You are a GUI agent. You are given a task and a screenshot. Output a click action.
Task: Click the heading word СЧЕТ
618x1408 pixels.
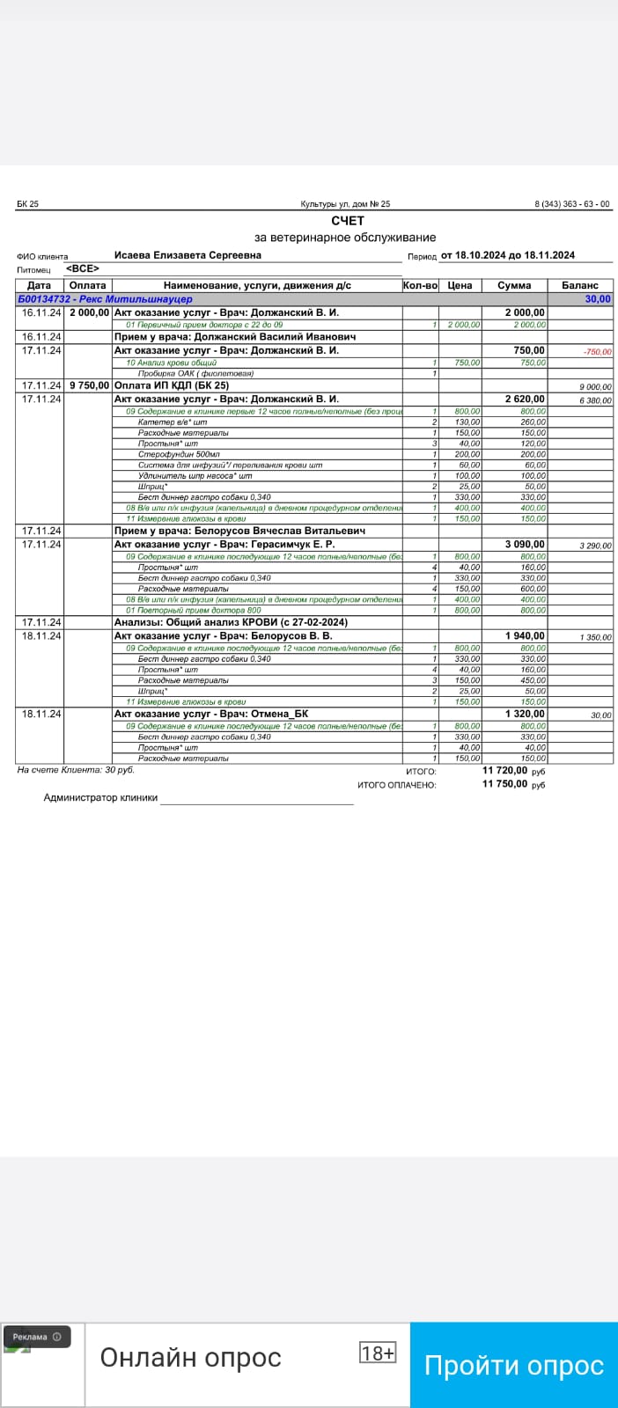click(x=348, y=221)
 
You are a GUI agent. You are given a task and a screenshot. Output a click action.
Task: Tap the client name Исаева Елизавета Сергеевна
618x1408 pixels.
click(x=188, y=255)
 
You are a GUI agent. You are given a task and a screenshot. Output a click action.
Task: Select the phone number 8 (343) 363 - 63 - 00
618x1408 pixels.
click(x=571, y=204)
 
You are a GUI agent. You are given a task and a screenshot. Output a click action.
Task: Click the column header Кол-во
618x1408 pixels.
click(x=420, y=285)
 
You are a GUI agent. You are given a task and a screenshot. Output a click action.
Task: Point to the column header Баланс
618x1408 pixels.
click(x=579, y=285)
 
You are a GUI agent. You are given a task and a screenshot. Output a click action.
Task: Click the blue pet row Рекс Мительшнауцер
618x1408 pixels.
click(x=105, y=299)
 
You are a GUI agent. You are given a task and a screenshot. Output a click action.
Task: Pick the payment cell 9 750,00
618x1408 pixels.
click(x=89, y=385)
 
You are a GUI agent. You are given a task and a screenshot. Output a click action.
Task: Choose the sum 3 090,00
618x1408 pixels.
click(x=524, y=545)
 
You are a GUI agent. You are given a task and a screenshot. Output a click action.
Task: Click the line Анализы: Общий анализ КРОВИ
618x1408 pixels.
click(x=231, y=622)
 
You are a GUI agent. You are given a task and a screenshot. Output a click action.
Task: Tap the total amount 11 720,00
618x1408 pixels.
click(x=504, y=771)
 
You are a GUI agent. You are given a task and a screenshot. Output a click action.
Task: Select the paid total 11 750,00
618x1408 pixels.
click(x=504, y=784)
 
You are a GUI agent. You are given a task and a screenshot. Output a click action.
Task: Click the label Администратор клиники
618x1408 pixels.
click(x=100, y=798)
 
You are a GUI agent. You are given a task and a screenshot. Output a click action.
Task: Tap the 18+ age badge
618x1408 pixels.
click(x=377, y=1353)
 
